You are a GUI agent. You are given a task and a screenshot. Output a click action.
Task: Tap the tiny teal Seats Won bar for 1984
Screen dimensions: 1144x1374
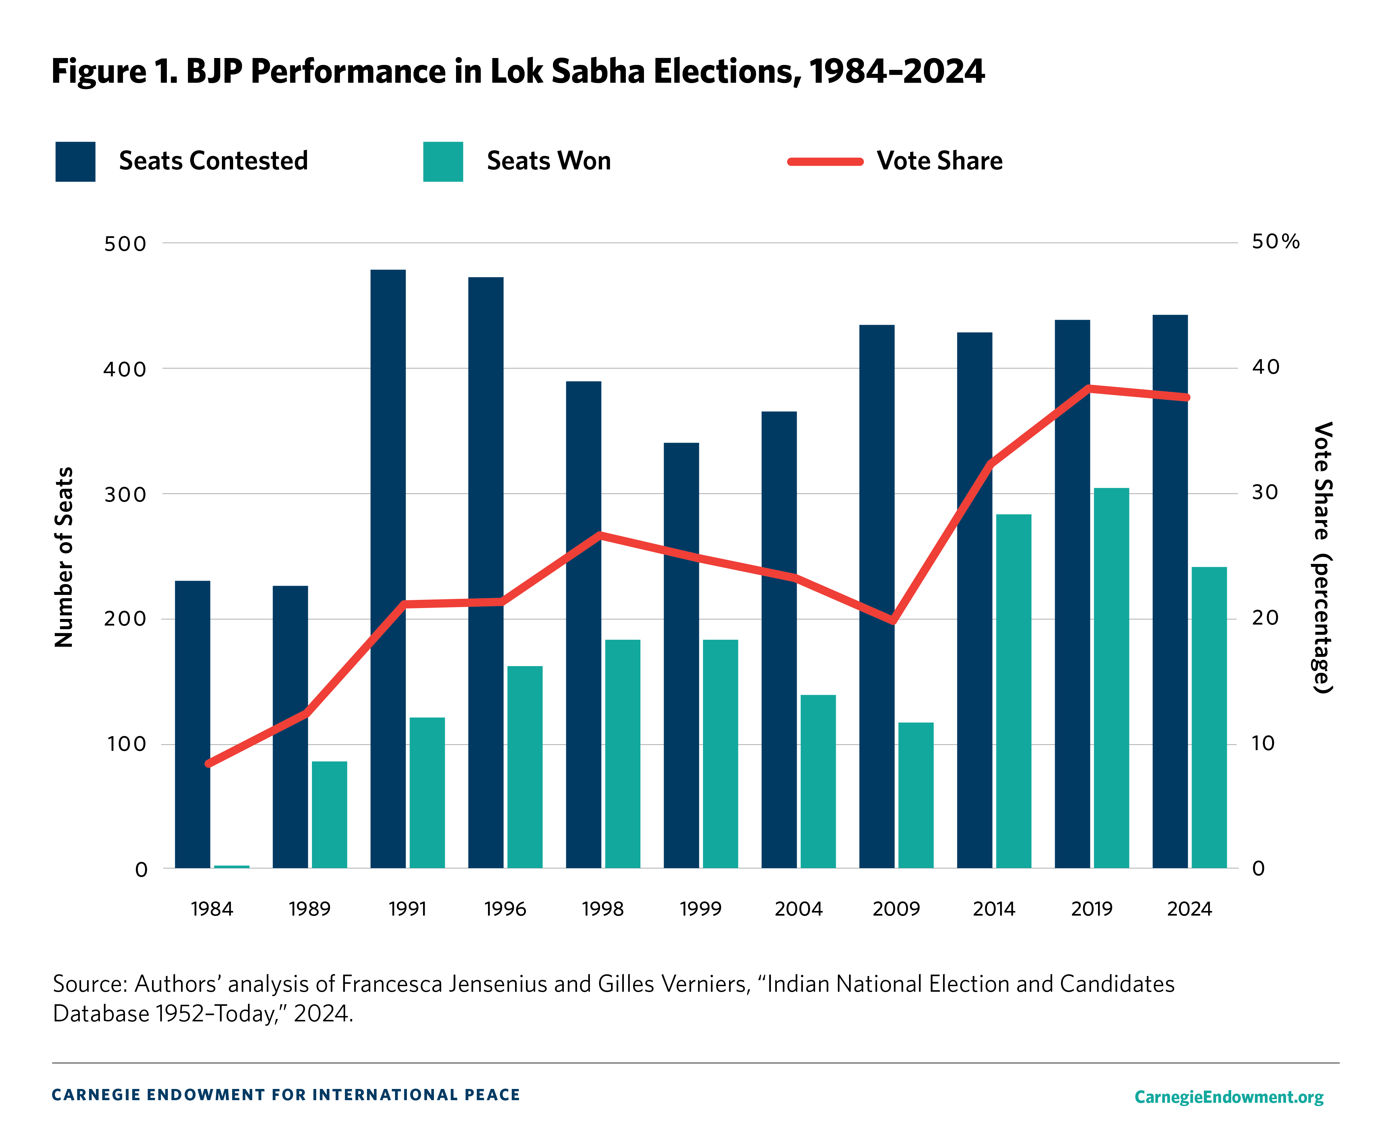click(231, 867)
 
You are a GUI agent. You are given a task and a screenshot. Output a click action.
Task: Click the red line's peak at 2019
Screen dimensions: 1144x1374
click(1089, 388)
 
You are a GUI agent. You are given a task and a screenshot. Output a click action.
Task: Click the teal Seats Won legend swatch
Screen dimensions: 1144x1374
click(443, 161)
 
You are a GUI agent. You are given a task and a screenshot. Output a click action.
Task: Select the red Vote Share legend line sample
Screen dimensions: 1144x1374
click(825, 161)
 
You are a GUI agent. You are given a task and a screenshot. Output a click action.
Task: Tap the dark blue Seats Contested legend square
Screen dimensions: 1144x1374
click(75, 161)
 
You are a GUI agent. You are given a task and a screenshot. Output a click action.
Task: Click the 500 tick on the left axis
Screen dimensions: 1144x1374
click(125, 244)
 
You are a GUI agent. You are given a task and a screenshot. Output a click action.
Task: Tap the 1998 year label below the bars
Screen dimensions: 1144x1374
click(603, 909)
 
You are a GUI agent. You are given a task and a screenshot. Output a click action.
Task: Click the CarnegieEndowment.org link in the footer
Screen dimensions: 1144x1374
click(1228, 1097)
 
